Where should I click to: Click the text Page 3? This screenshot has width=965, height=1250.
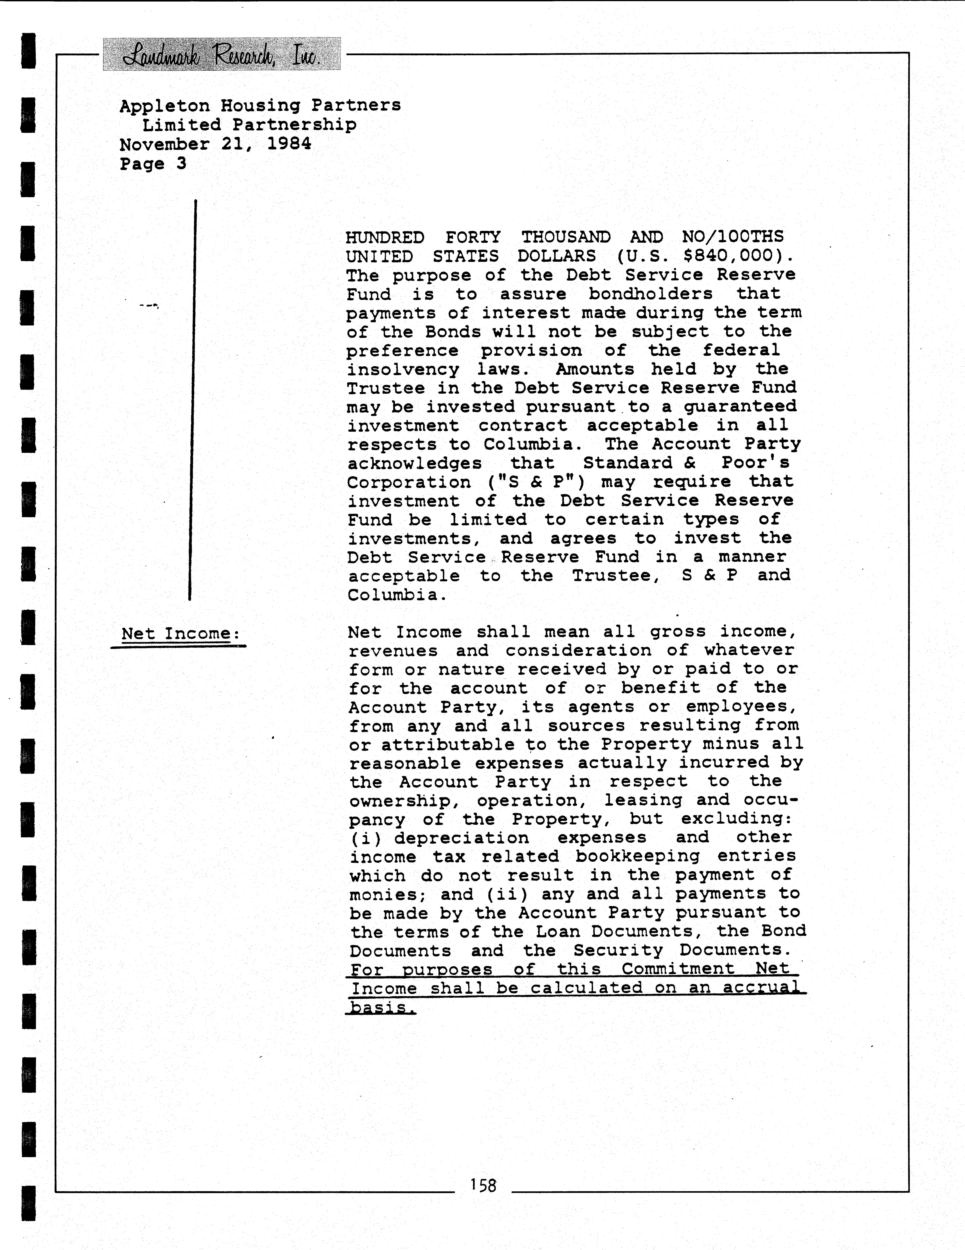(153, 164)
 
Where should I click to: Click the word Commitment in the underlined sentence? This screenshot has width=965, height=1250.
(678, 970)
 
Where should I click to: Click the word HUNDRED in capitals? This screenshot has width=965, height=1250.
(385, 237)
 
